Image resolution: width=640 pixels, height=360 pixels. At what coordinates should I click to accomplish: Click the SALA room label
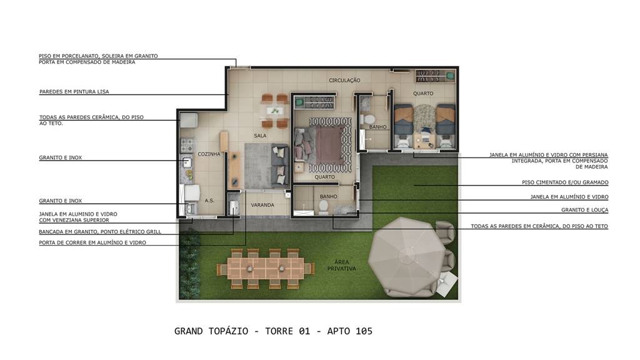click(260, 136)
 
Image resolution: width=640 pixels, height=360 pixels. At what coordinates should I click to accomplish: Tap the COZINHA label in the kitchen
click(209, 154)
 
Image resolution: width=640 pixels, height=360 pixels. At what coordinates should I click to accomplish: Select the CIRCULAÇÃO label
click(344, 81)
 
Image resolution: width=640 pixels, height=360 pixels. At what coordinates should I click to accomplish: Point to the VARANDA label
click(262, 205)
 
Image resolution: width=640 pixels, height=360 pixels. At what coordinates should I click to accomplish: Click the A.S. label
click(209, 201)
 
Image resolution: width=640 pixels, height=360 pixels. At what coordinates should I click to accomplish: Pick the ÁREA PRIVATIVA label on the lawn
click(342, 265)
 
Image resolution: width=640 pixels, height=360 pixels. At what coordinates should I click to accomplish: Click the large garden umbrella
click(407, 255)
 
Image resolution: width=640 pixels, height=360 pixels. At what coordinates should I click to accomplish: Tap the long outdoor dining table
click(266, 269)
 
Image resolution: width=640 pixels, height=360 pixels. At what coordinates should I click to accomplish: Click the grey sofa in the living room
click(280, 165)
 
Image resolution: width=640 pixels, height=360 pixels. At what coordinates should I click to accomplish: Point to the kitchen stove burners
click(187, 145)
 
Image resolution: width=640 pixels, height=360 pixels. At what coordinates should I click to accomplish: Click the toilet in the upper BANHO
click(369, 119)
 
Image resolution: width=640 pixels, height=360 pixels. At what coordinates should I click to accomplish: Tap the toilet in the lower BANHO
click(323, 207)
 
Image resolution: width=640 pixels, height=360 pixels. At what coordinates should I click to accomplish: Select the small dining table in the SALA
click(274, 111)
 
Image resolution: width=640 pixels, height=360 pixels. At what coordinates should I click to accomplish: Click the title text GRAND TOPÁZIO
click(211, 331)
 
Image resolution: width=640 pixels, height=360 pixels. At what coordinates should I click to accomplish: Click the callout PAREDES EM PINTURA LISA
click(74, 92)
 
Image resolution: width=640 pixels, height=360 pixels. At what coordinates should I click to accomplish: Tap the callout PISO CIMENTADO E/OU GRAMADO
click(565, 182)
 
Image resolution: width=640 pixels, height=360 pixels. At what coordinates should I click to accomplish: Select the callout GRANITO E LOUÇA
click(584, 210)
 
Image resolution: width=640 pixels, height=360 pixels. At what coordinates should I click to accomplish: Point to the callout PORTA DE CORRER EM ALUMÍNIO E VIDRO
click(92, 242)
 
